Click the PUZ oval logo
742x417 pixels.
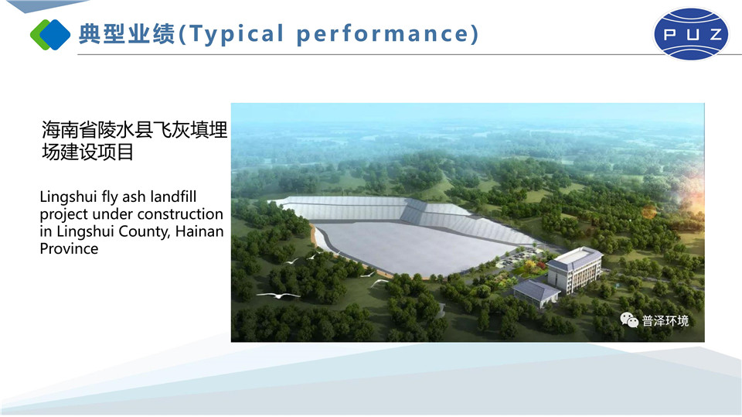coord(691,33)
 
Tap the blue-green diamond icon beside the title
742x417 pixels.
coord(50,35)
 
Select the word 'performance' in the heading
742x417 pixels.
coord(383,34)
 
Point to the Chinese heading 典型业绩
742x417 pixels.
coord(126,34)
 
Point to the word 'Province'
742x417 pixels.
coord(69,249)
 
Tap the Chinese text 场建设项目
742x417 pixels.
coord(87,152)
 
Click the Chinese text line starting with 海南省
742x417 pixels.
coord(134,129)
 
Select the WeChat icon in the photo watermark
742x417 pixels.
coord(629,320)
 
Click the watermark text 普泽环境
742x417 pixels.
coord(665,321)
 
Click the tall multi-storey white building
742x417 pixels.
coord(574,270)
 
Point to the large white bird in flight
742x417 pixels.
coord(278,296)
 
